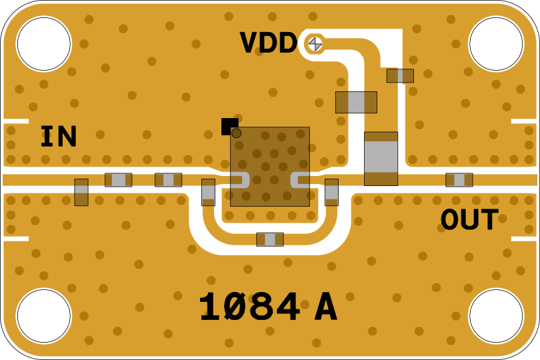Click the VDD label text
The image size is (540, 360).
pyautogui.click(x=268, y=43)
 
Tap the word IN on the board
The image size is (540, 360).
pyautogui.click(x=59, y=137)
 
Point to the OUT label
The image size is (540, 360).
pyautogui.click(x=469, y=220)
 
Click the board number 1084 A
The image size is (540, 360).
pyautogui.click(x=267, y=308)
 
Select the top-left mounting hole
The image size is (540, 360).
pyautogui.click(x=43, y=44)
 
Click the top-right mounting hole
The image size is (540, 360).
pyautogui.click(x=496, y=44)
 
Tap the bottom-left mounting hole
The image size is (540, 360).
pyautogui.click(x=43, y=316)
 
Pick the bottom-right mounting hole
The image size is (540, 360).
pyautogui.click(x=496, y=316)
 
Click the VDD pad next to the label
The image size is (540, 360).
pyautogui.click(x=315, y=44)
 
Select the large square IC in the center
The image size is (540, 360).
pyautogui.click(x=270, y=167)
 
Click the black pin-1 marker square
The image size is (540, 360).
pyautogui.click(x=229, y=125)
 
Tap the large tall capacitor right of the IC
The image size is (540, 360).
pyautogui.click(x=381, y=159)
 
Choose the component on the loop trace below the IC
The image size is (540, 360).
pyautogui.click(x=270, y=239)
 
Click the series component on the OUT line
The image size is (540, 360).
pyautogui.click(x=459, y=180)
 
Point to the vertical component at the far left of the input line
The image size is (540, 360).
pyautogui.click(x=81, y=192)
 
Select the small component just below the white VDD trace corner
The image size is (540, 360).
pyautogui.click(x=400, y=76)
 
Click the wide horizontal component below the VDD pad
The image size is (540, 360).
pyautogui.click(x=356, y=102)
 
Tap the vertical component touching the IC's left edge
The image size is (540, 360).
pyautogui.click(x=209, y=192)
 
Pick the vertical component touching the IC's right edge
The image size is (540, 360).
pyautogui.click(x=331, y=192)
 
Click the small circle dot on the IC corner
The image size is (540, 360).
pyautogui.click(x=236, y=133)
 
